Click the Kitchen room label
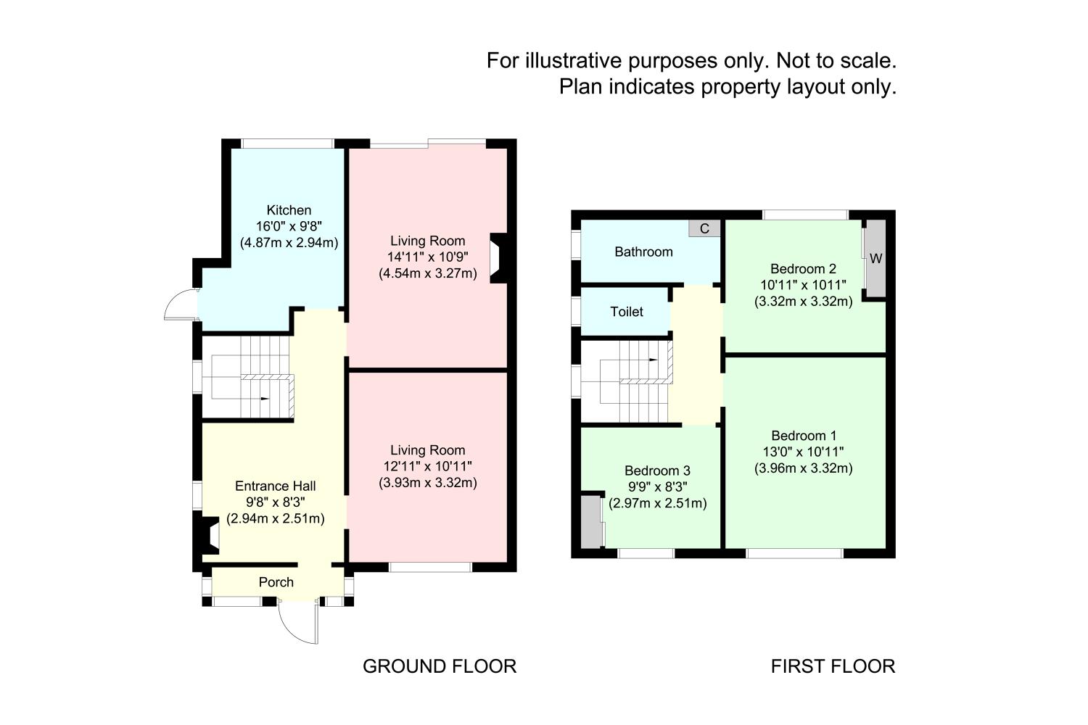click(x=289, y=210)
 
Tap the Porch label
click(x=276, y=582)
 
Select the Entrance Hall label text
click(x=275, y=486)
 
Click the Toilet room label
click(x=627, y=312)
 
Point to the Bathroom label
click(x=643, y=252)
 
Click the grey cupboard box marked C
click(x=704, y=228)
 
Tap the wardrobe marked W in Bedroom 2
click(x=876, y=259)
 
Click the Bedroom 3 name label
click(x=657, y=470)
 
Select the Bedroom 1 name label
click(x=804, y=436)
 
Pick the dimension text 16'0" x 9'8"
click(x=289, y=226)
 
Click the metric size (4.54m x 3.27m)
click(x=427, y=273)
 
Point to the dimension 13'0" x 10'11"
click(x=804, y=452)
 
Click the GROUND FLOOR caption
click(x=440, y=666)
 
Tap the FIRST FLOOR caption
click(x=833, y=666)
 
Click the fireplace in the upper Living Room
click(x=498, y=257)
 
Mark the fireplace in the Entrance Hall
click(x=207, y=537)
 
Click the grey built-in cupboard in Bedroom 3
click(x=592, y=521)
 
